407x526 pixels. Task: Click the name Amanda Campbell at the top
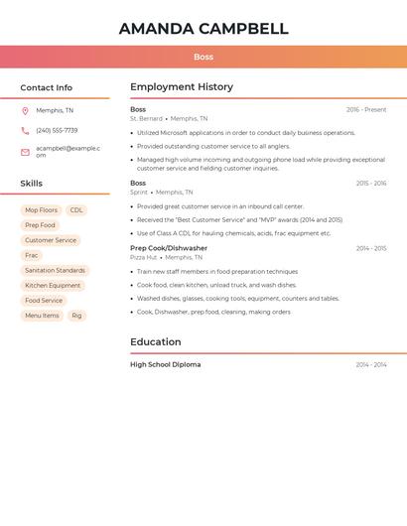pos(203,29)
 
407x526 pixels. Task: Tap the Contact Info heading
pos(46,87)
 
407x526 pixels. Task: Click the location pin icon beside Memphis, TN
pos(25,110)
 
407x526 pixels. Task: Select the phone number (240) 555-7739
pos(57,130)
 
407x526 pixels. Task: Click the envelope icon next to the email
pos(25,152)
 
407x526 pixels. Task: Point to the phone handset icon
pos(25,130)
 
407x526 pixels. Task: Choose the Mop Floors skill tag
pos(42,210)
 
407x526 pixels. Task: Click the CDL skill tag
pos(76,210)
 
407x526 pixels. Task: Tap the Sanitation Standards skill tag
pos(55,270)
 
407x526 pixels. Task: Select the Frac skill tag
pos(32,255)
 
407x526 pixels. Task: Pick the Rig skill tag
pos(76,316)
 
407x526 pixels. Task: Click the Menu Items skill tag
pos(42,316)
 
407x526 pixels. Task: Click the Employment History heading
pos(182,87)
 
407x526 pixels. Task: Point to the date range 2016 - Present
pos(366,110)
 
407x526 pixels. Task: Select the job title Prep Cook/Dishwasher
pos(169,248)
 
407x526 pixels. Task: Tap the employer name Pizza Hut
pos(144,257)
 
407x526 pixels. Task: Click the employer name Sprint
pos(138,193)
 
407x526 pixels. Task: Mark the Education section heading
pos(156,342)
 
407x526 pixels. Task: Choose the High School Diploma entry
pos(165,365)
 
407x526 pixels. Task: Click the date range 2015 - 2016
pos(371,184)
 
